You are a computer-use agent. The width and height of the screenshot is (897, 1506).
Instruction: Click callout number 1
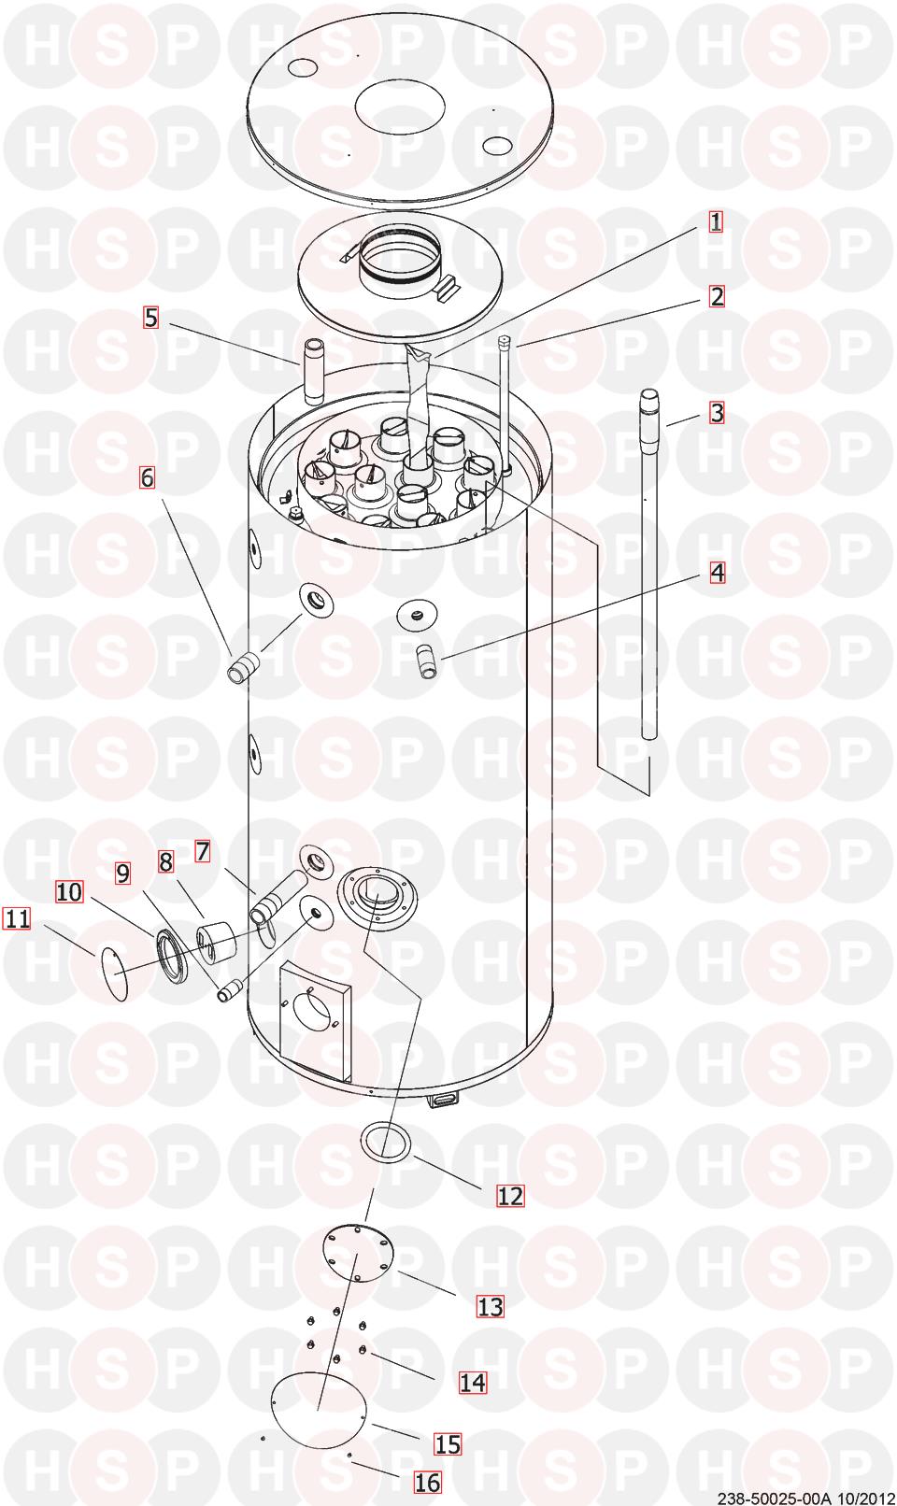(717, 221)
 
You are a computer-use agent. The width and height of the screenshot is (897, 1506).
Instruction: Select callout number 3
(718, 412)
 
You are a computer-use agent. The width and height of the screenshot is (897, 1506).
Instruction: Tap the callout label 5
(151, 318)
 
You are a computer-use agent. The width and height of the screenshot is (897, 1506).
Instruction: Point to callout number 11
(17, 917)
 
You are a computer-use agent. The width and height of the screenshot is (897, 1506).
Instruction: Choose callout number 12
(510, 1196)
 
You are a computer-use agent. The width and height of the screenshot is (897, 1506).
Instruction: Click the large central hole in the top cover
(400, 107)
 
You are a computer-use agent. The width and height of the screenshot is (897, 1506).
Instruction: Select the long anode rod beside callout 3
(648, 563)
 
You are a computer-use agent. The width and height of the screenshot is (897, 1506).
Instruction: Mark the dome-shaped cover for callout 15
(318, 1411)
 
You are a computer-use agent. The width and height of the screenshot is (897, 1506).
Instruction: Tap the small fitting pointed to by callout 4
(426, 661)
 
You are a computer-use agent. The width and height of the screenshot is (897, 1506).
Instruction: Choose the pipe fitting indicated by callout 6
(243, 668)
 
